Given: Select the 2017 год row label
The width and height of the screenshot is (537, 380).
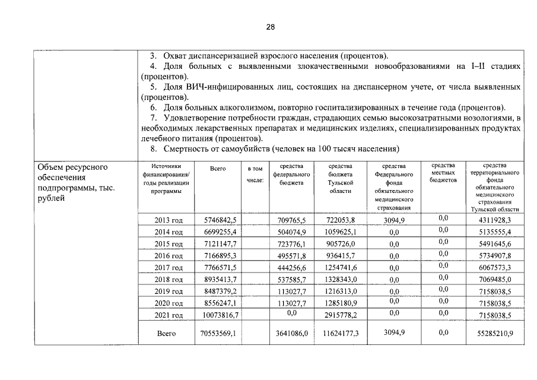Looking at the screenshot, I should click(168, 268).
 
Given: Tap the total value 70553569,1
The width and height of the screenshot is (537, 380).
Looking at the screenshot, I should click(217, 334).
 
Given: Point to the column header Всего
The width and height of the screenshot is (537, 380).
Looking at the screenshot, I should click(218, 169).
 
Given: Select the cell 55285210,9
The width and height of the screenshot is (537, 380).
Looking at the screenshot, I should click(490, 334).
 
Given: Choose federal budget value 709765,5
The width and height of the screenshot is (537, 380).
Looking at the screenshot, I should click(291, 220).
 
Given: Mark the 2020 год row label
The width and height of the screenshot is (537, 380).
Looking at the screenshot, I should click(168, 303).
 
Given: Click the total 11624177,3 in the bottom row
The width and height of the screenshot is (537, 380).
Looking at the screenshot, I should click(341, 334).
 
